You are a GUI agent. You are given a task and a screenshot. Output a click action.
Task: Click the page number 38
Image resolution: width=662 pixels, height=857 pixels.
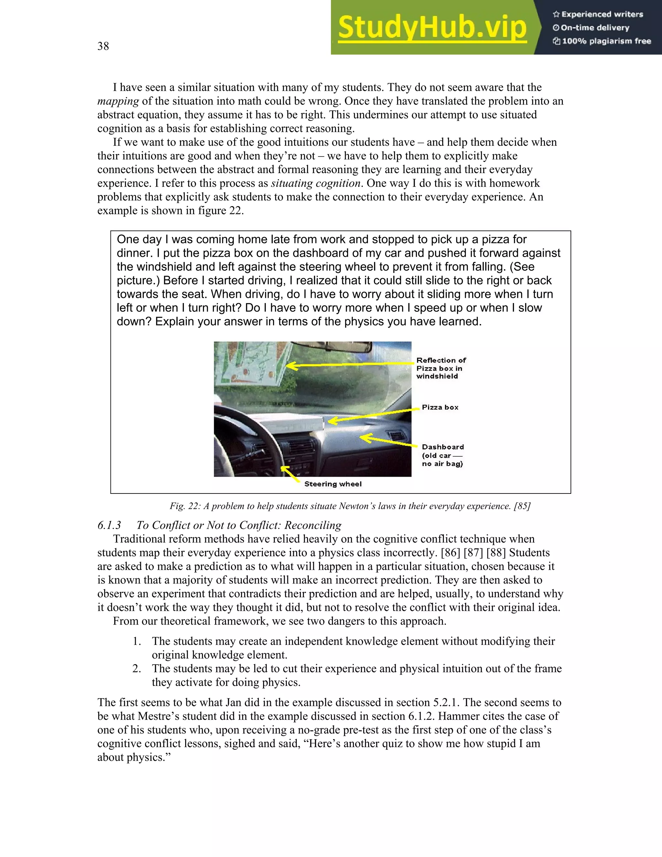click(x=103, y=46)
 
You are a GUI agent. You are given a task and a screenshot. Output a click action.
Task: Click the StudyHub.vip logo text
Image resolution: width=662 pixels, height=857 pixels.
click(x=432, y=28)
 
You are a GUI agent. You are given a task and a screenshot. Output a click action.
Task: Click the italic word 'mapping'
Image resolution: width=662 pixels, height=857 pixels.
click(x=118, y=101)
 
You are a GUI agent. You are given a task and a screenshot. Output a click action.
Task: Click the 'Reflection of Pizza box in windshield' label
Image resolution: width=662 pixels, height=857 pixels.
click(x=441, y=368)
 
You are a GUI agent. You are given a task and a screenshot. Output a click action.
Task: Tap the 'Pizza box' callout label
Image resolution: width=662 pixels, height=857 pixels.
click(x=440, y=407)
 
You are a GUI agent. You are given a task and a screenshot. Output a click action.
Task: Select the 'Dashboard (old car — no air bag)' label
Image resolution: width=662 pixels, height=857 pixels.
click(x=443, y=455)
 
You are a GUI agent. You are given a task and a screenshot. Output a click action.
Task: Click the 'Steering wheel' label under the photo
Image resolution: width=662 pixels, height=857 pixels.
click(x=333, y=484)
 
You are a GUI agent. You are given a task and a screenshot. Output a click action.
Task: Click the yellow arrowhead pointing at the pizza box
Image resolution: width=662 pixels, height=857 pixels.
click(x=332, y=421)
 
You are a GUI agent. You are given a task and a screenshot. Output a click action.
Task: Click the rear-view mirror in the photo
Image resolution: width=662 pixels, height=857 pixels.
click(x=333, y=347)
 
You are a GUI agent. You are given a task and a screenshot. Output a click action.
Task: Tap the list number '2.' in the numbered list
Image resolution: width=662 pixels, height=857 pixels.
click(x=136, y=669)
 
